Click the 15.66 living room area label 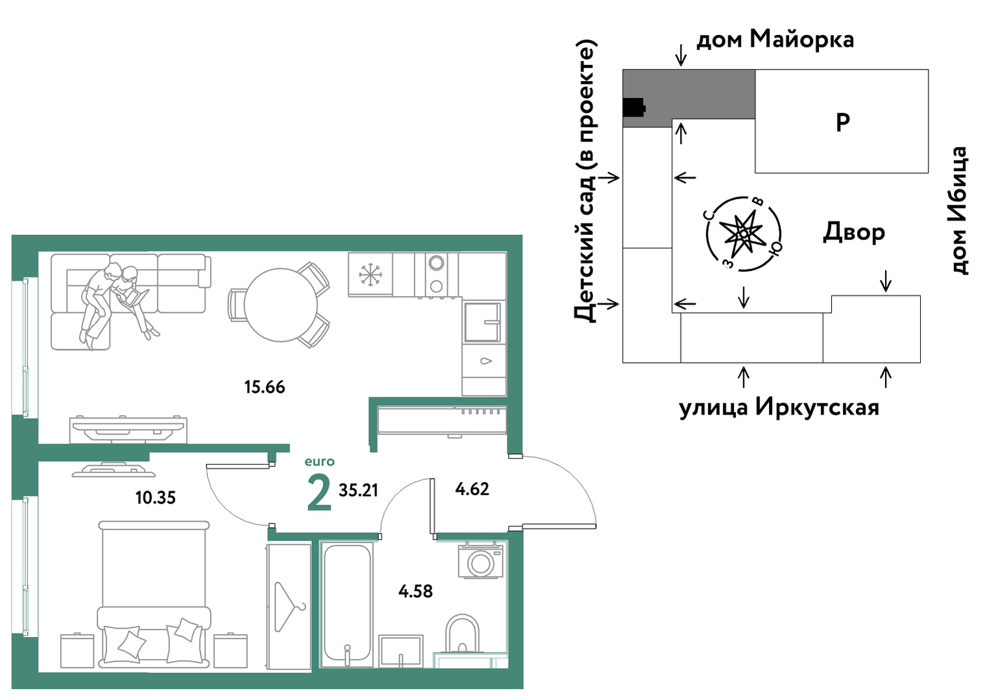point(264,387)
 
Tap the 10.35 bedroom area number point(156,498)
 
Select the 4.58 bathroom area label point(415,591)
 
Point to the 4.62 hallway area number point(472,489)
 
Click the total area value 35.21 point(358,490)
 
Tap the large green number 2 point(319,492)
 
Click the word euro point(319,462)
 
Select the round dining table point(281,305)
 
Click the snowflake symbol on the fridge point(370,274)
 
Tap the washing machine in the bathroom point(480,561)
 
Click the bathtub point(347,605)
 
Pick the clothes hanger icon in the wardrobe point(289,607)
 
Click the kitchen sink point(483,322)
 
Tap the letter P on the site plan point(842,122)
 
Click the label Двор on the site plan point(854,233)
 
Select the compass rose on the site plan point(744,234)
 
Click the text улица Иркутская point(779,407)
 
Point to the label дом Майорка point(775,40)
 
